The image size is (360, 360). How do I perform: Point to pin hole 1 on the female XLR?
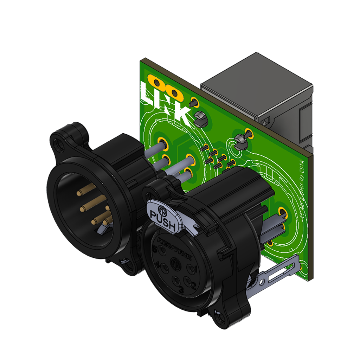pos(191,270)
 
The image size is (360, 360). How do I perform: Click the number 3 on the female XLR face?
pos(181,290)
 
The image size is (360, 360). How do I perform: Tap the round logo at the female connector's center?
pos(175,263)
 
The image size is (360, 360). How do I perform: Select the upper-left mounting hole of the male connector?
pos(57,142)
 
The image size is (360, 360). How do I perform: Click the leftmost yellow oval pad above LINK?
pos(155,81)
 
